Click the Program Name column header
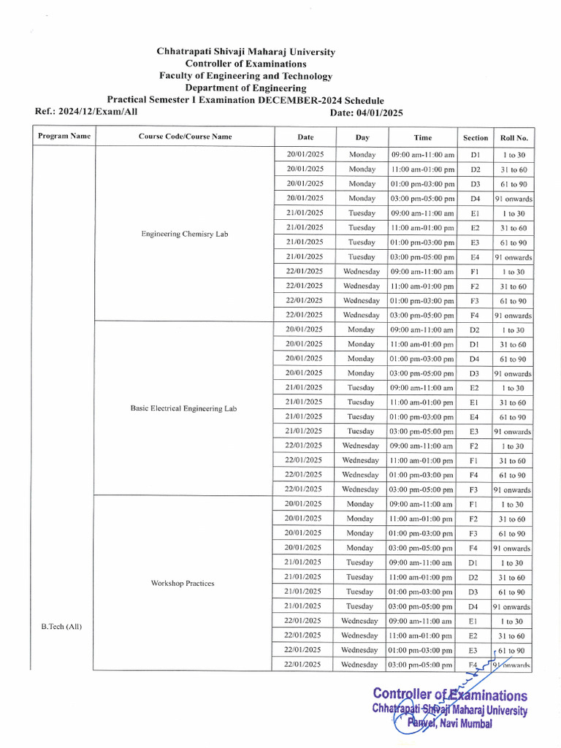tap(64, 136)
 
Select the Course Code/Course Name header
tap(185, 137)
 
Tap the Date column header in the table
tap(305, 137)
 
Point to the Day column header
tap(362, 137)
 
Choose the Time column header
tap(422, 137)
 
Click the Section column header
tap(475, 137)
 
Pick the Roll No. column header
tap(514, 137)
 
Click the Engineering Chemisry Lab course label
tap(185, 234)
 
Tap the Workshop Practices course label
tap(183, 583)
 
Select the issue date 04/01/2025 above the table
tap(377, 112)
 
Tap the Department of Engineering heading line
tap(245, 88)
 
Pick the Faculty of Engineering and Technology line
tap(245, 76)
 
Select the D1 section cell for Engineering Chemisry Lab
tap(475, 155)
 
